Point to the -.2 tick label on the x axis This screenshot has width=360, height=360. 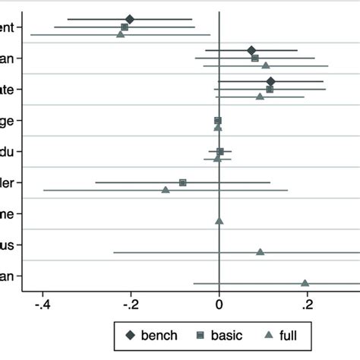(131, 305)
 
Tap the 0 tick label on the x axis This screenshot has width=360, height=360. (219, 305)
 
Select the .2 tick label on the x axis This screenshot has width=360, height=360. (308, 305)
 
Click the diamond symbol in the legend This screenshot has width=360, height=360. (130, 334)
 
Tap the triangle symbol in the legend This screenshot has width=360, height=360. (265, 334)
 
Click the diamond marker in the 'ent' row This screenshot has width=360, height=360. (129, 19)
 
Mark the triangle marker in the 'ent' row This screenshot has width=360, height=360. (120, 34)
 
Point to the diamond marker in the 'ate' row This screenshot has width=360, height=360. (271, 81)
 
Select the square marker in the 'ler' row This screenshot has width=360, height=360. (182, 182)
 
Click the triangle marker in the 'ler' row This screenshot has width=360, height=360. (166, 189)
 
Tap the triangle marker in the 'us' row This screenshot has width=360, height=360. (260, 251)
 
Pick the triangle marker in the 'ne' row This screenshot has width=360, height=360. (219, 221)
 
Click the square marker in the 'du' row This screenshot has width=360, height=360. (220, 151)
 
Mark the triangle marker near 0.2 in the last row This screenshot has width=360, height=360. (305, 283)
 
